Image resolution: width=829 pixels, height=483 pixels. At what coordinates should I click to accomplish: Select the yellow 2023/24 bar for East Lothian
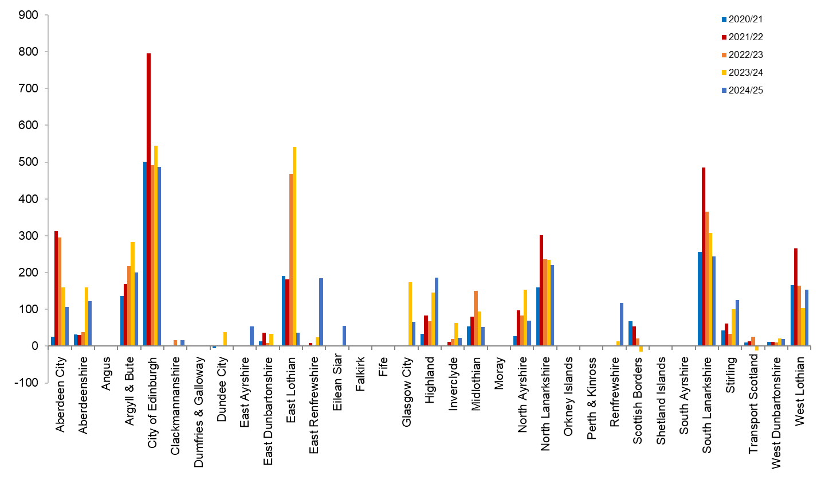294,247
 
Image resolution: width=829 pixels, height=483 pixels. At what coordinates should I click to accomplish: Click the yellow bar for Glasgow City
410,314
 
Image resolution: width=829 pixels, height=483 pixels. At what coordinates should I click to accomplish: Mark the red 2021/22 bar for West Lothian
796,297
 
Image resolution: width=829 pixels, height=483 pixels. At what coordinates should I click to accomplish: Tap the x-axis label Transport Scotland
753,404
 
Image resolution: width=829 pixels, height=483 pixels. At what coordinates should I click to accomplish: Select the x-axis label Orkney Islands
568,396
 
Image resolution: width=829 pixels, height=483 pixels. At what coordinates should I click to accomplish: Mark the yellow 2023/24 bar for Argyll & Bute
133,294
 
